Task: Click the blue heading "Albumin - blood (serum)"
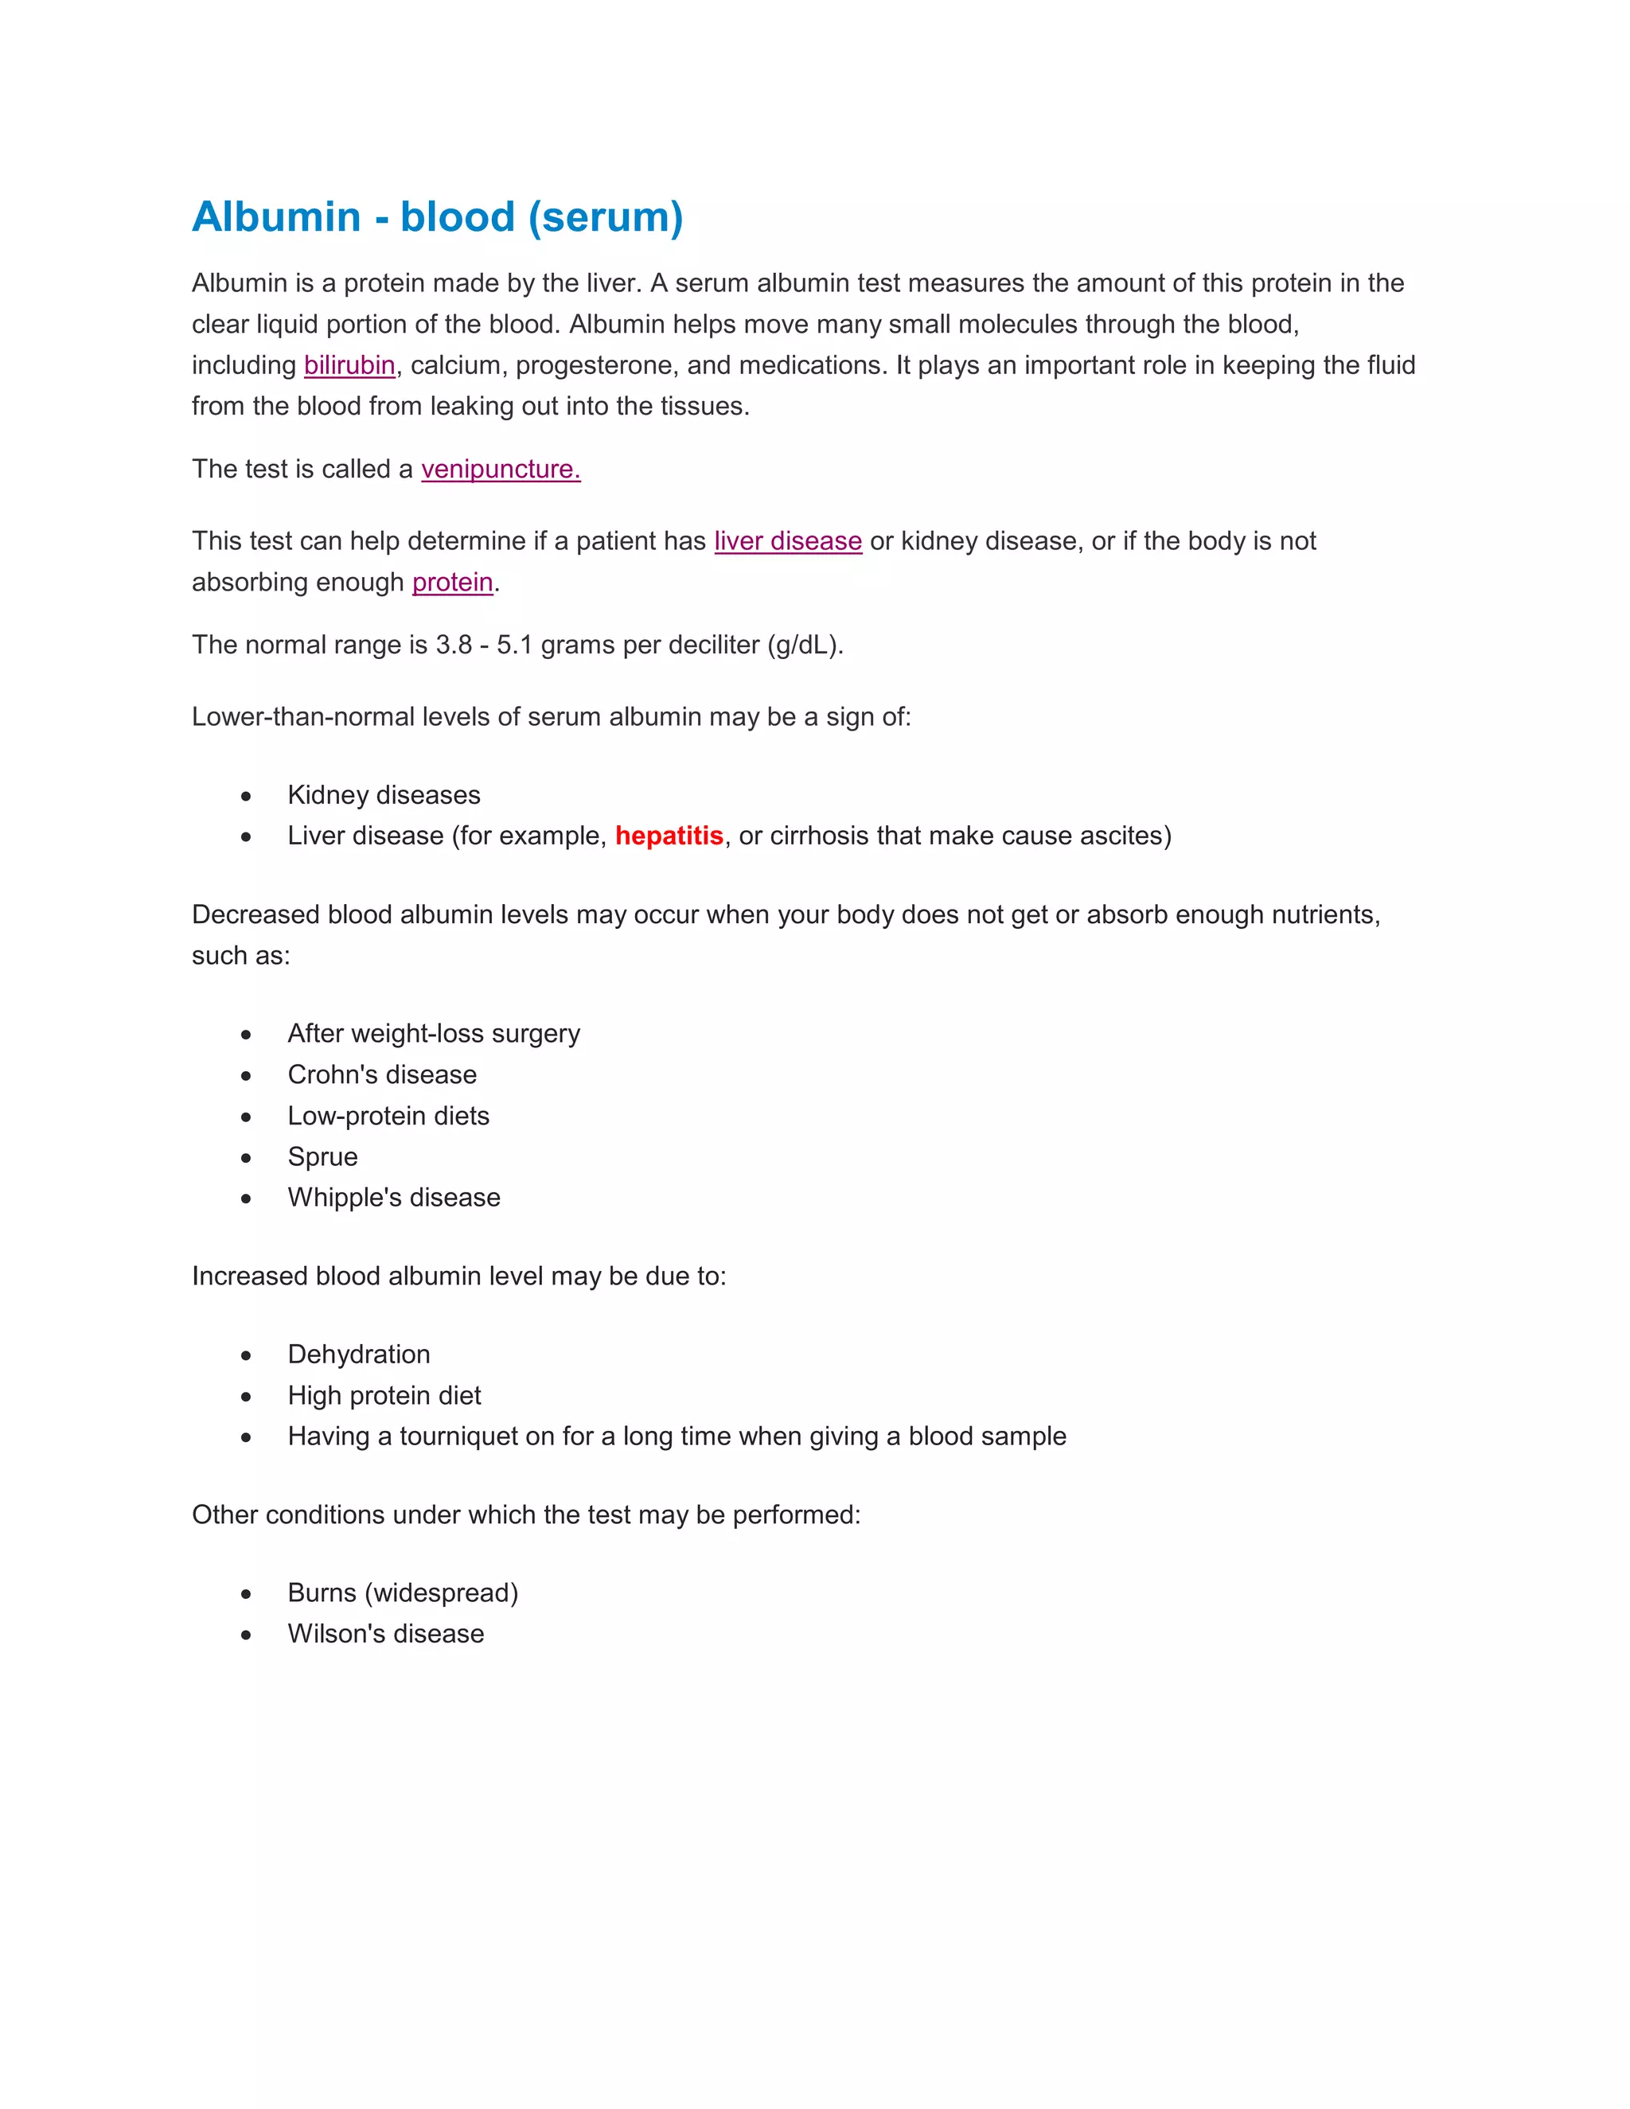coord(438,217)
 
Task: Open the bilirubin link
coord(349,365)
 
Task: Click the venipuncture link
coord(500,470)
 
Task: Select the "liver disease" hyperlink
coord(787,540)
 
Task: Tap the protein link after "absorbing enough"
coord(452,583)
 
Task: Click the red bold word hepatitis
coord(669,836)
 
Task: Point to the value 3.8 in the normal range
coord(453,645)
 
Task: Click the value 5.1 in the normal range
coord(513,645)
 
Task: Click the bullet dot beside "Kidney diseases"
coord(246,796)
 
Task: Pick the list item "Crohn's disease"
coord(381,1074)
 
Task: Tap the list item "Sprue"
coord(322,1157)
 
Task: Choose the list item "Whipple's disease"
coord(394,1198)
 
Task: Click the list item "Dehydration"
coord(358,1354)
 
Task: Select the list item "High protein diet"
coord(384,1395)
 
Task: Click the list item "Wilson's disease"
coord(385,1634)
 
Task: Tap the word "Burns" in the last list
coord(322,1592)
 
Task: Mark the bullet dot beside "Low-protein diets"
coord(246,1117)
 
